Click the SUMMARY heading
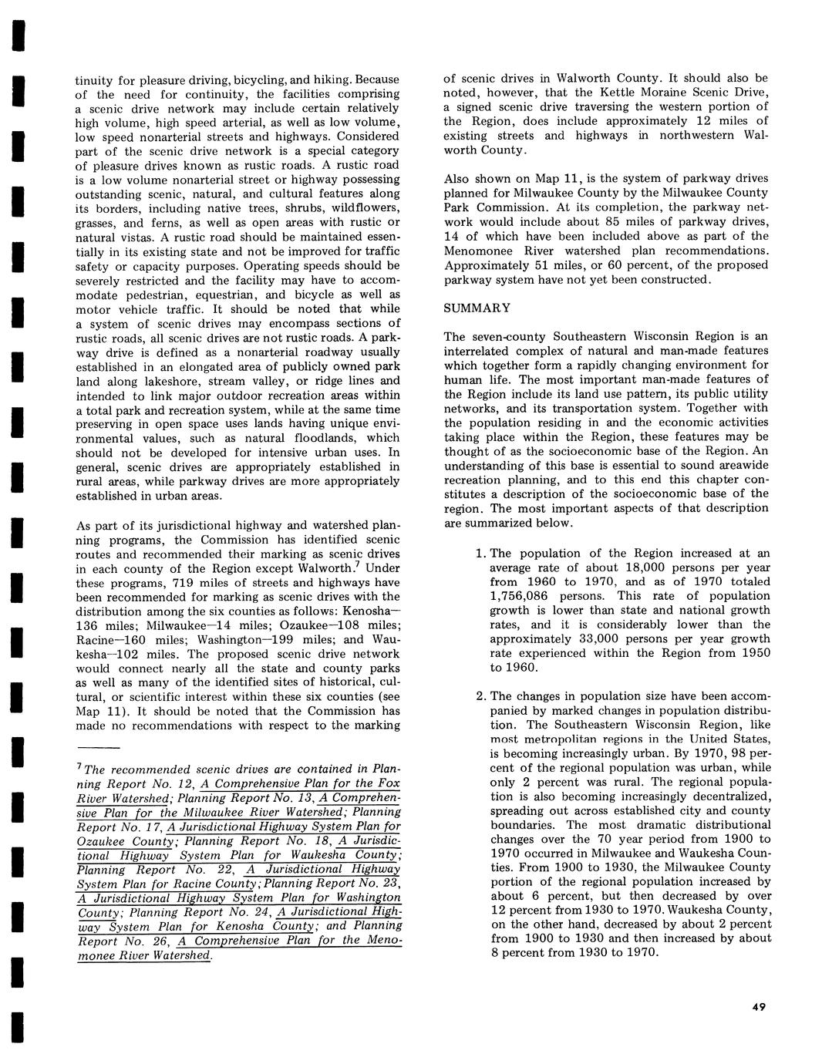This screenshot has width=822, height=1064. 477,308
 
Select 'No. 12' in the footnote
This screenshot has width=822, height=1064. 165,783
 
